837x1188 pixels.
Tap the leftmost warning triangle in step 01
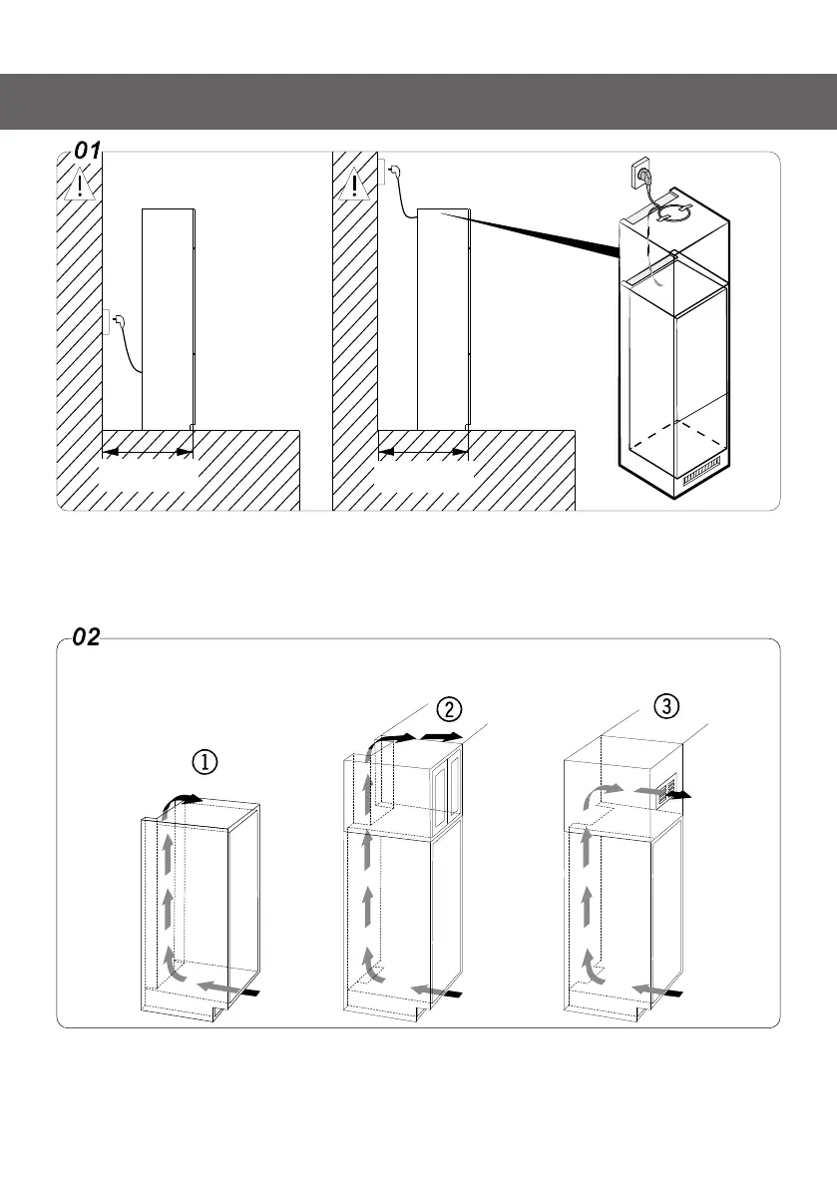click(79, 186)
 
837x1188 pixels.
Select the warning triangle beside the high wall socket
click(356, 186)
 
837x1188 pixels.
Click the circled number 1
click(205, 761)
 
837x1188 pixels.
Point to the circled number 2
click(450, 710)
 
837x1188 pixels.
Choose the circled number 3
click(665, 705)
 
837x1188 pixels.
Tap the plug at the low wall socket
click(116, 321)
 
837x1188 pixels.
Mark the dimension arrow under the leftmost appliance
click(148, 453)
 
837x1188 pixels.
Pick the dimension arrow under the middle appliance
click(423, 453)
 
